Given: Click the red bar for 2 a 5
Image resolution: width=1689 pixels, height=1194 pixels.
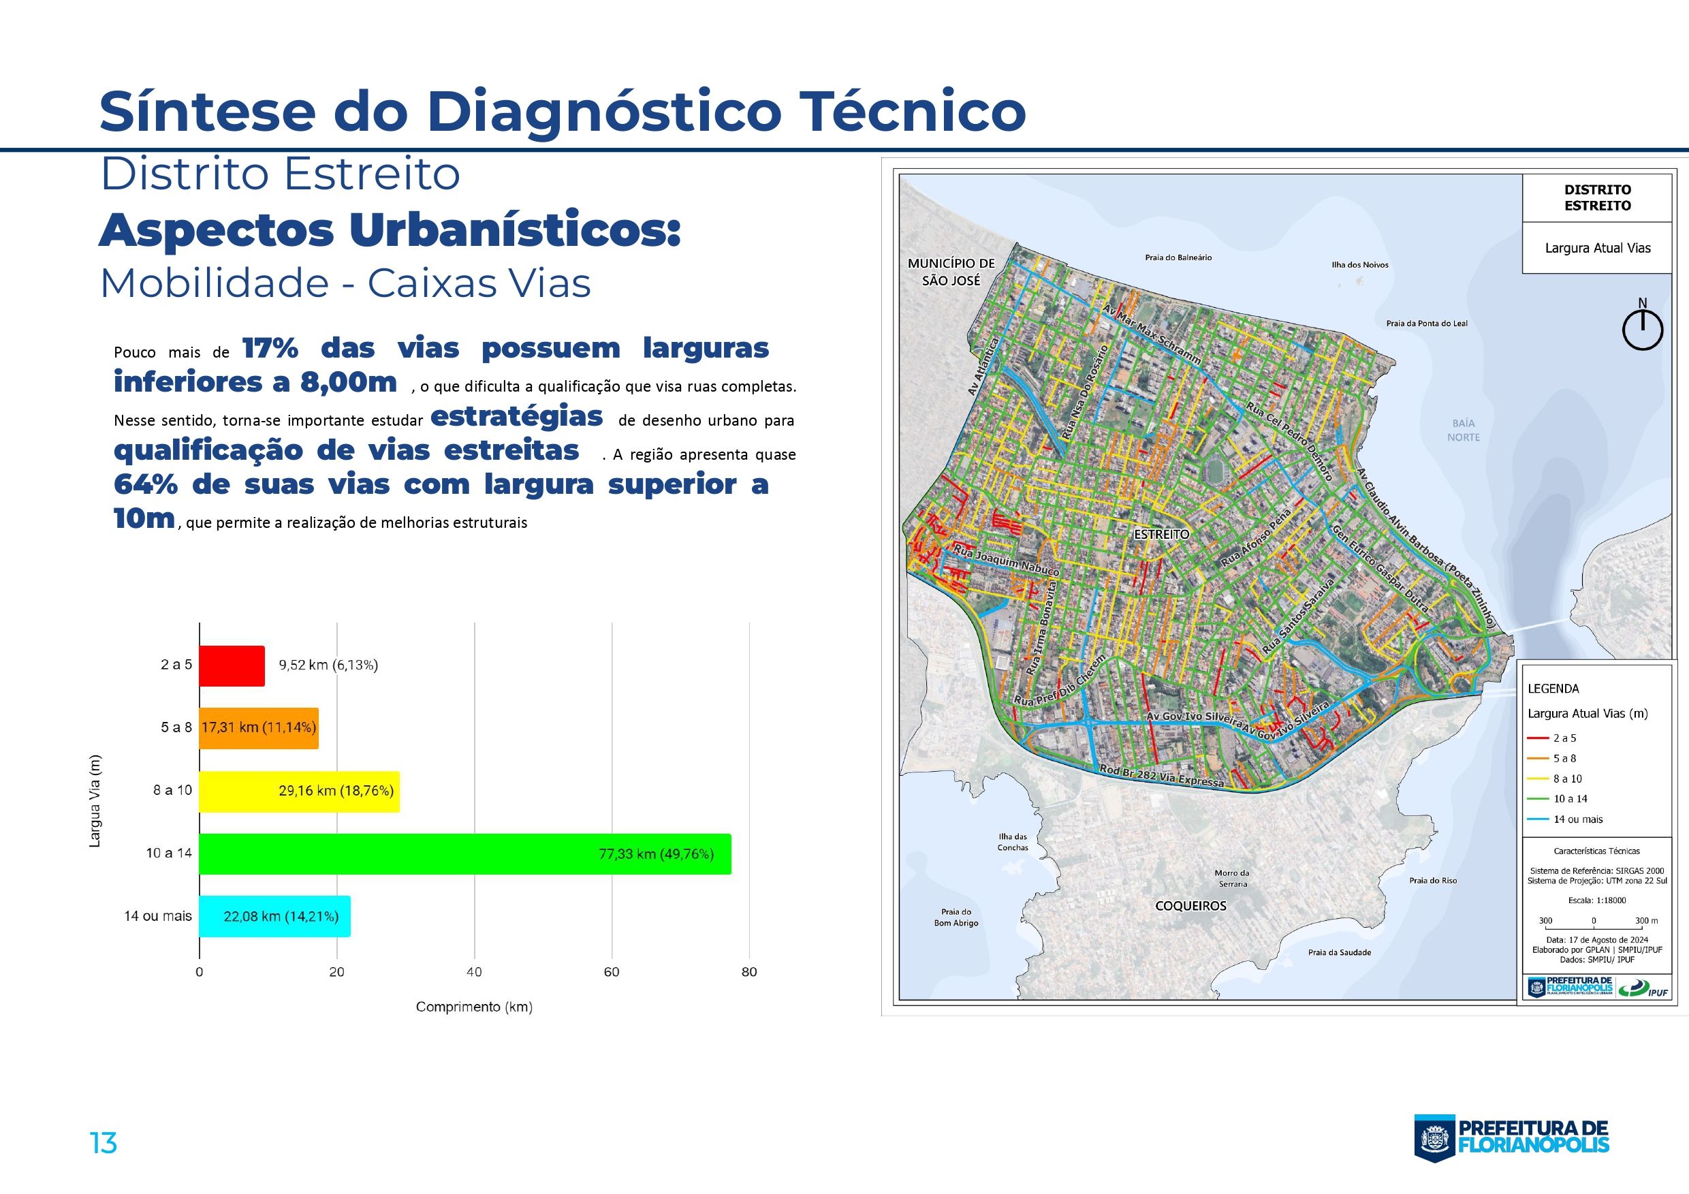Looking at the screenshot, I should pyautogui.click(x=232, y=665).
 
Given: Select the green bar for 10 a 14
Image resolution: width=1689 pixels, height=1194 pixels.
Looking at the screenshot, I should pyautogui.click(x=465, y=853).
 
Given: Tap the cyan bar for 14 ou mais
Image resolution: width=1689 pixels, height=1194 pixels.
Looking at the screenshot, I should pyautogui.click(x=274, y=916).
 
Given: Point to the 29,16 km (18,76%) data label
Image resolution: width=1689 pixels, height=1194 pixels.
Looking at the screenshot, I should pyautogui.click(x=336, y=791).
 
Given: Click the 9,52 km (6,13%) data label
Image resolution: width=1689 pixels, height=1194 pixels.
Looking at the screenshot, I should pyautogui.click(x=328, y=665).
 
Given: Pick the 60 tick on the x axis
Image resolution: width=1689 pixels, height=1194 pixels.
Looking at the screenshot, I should pyautogui.click(x=612, y=972).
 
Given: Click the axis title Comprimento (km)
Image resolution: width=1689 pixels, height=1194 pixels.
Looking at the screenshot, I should pyautogui.click(x=474, y=1007).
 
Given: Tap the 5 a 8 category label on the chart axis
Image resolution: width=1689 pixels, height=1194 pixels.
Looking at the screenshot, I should pyautogui.click(x=176, y=727).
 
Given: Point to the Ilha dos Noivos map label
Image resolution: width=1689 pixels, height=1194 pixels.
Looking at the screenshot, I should pyautogui.click(x=1360, y=265).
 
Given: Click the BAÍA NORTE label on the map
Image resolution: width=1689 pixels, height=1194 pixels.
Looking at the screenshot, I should pyautogui.click(x=1463, y=430).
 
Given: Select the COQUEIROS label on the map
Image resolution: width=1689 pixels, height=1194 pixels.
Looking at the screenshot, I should pyautogui.click(x=1191, y=906).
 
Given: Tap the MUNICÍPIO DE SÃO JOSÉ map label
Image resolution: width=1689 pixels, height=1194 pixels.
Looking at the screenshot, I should pyautogui.click(x=951, y=272).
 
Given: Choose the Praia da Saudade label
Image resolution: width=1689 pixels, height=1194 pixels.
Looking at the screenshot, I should pyautogui.click(x=1340, y=953).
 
